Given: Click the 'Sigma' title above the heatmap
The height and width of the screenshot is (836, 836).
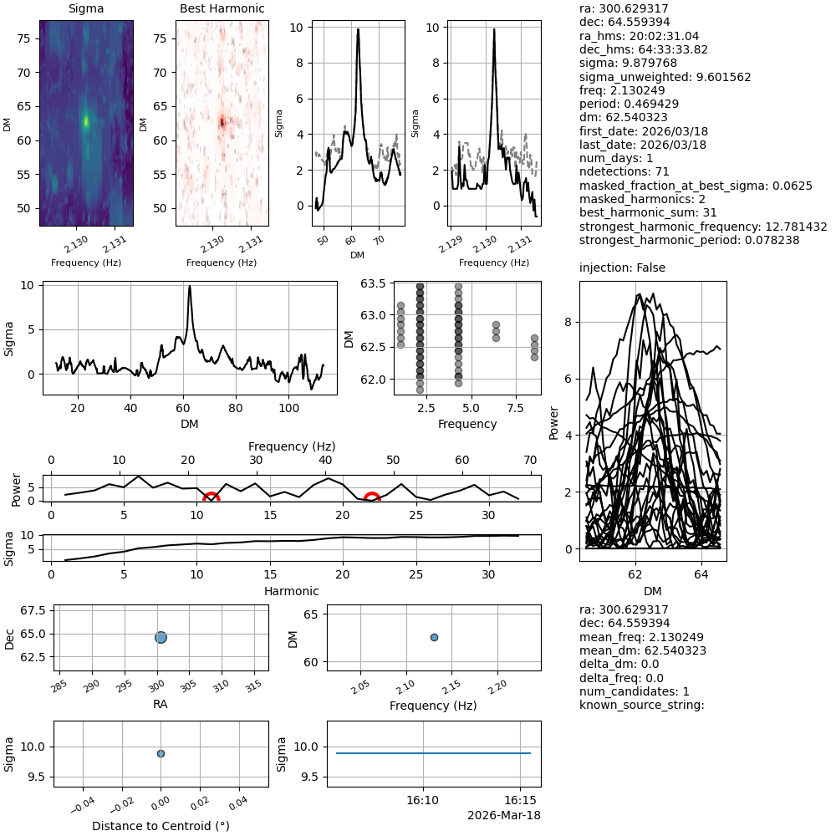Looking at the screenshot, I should pos(86,8).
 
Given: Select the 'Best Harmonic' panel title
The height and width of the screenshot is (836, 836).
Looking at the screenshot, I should pos(222,8).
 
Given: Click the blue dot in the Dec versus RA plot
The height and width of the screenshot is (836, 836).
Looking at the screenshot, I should pos(161,637).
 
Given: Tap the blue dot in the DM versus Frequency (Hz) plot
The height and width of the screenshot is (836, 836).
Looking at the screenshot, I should pos(434,637).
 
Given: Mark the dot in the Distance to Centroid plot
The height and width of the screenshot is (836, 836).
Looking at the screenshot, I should pos(161,753).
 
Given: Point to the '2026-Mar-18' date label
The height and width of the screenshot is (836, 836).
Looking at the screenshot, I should pos(503,815).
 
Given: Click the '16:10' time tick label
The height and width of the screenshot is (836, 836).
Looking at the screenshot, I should pos(422,800).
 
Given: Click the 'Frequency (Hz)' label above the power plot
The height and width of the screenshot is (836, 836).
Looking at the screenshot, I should pos(291,446).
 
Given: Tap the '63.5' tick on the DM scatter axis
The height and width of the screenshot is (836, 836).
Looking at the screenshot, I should pos(374,284).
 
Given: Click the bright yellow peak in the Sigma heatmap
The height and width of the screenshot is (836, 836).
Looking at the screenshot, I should pos(86,121).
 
